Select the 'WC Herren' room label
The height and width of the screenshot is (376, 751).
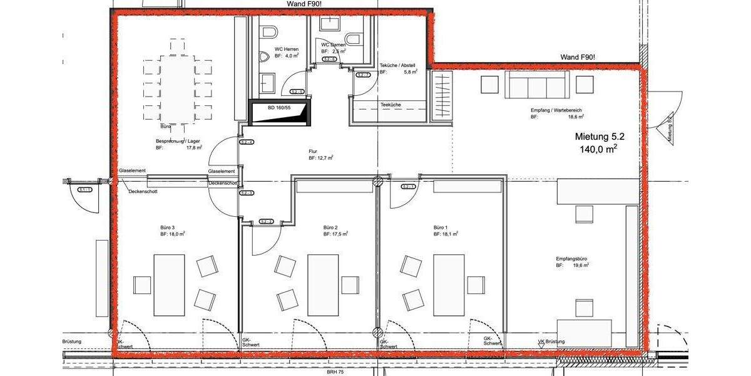286,49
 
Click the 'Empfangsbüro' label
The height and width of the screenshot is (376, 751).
571,259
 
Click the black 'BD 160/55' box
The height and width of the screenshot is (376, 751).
279,112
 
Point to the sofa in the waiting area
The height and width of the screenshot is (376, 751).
537,85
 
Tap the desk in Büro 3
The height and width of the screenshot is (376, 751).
169,285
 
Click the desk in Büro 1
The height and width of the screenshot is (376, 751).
449,285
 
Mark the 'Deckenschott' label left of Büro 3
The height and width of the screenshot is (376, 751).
144,192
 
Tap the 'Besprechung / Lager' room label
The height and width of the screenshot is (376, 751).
176,141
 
